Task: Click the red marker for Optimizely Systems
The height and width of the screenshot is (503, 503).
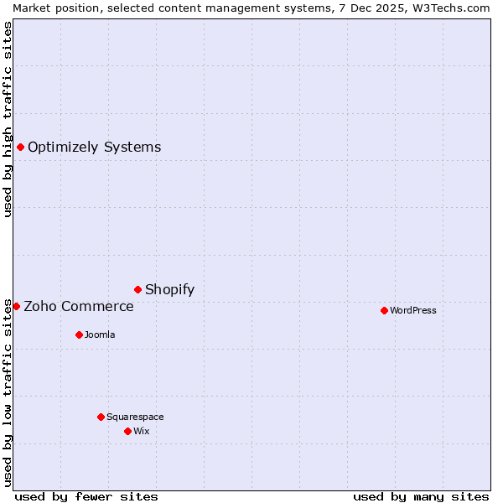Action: [x=21, y=148]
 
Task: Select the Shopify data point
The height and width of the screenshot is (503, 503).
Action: [x=138, y=290]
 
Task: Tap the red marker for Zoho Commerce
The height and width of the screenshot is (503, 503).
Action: [x=16, y=307]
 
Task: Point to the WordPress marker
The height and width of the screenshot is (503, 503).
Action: [x=384, y=310]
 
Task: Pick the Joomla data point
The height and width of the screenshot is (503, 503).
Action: [x=79, y=334]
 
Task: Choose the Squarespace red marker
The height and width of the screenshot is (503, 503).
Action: [x=101, y=417]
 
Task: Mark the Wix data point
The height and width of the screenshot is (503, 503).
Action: [x=127, y=431]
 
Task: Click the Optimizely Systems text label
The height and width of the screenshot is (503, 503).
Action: [x=94, y=148]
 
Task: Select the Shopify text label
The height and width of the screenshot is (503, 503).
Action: [x=169, y=290]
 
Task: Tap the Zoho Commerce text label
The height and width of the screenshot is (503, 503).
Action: [x=79, y=307]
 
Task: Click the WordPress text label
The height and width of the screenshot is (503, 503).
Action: [x=413, y=310]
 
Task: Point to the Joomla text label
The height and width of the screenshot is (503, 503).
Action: [x=100, y=334]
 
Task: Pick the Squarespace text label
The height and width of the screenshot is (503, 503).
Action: [x=135, y=417]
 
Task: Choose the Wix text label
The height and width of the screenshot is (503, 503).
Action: [x=141, y=431]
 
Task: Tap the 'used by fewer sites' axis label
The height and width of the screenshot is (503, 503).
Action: [x=86, y=496]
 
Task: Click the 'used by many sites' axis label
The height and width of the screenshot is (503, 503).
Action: [x=421, y=496]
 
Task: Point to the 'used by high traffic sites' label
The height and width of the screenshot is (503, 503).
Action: [x=8, y=119]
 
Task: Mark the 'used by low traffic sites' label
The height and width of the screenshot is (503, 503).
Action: [x=8, y=392]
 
